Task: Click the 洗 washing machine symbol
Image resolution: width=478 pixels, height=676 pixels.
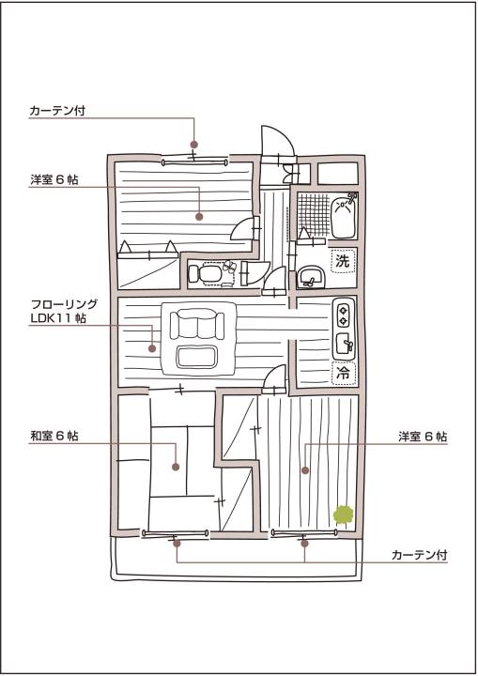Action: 343,261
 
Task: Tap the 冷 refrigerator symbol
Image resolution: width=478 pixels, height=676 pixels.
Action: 344,373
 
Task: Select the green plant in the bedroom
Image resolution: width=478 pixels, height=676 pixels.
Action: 344,515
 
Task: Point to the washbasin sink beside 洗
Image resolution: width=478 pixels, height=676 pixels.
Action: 311,277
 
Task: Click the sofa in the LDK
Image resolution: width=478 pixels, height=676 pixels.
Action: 197,324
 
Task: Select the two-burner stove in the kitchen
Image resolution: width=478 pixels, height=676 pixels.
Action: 344,315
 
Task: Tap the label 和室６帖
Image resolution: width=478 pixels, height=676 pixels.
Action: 54,436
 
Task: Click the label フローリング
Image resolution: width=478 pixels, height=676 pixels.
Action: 64,304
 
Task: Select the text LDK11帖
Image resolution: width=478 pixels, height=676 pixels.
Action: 58,318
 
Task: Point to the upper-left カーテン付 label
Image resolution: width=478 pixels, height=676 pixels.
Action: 57,111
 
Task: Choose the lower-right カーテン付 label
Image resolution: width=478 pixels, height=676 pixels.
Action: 419,555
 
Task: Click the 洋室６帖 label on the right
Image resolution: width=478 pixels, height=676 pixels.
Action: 423,437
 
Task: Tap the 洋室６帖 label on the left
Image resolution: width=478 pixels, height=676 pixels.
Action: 54,179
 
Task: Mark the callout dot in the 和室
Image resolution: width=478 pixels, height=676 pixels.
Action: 176,467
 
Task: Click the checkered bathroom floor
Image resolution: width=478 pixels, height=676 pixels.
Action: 314,213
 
